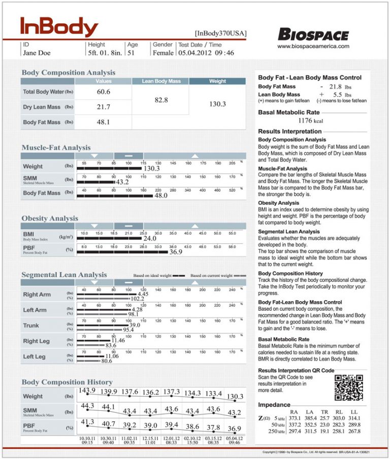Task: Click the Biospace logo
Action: pyautogui.click(x=313, y=35)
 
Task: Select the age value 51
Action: pyautogui.click(x=131, y=52)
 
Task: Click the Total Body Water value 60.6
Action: pyautogui.click(x=103, y=92)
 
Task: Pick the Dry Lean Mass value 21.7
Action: pyautogui.click(x=103, y=107)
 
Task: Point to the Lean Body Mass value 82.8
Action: pyautogui.click(x=161, y=100)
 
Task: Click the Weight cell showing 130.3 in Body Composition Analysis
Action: pyautogui.click(x=217, y=104)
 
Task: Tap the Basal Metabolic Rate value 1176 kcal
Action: pyautogui.click(x=311, y=121)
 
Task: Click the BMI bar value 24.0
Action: pyautogui.click(x=150, y=238)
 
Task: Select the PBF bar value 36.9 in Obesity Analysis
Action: pyautogui.click(x=176, y=252)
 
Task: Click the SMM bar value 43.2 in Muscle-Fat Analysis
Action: pyautogui.click(x=122, y=182)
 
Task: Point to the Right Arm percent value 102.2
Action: pyautogui.click(x=138, y=299)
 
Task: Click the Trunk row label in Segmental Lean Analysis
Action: pyautogui.click(x=31, y=325)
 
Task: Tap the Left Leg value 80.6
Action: pyautogui.click(x=107, y=361)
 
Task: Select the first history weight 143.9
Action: pyautogui.click(x=87, y=390)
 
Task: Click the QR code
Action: pyautogui.click(x=348, y=387)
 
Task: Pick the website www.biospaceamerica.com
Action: pyautogui.click(x=313, y=46)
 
